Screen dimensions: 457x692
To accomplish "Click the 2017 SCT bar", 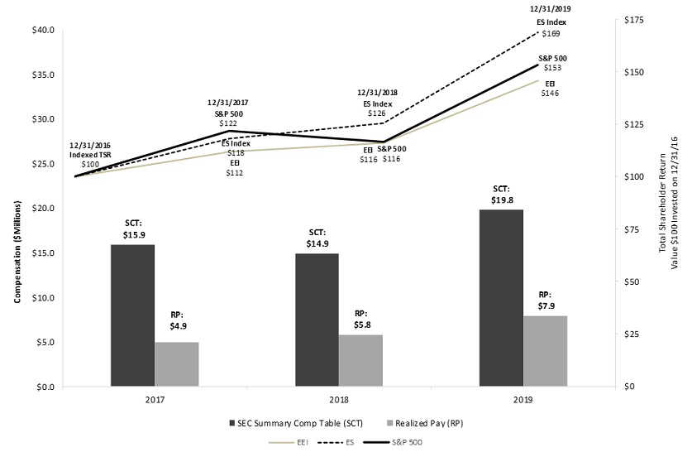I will click(132, 315).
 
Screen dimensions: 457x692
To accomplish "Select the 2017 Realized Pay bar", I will click(176, 364).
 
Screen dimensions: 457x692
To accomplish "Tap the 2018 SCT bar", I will click(317, 320).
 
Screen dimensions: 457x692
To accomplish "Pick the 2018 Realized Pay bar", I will click(360, 360).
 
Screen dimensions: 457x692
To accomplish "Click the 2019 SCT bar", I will click(501, 298).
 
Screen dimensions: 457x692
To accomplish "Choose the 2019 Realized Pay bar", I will click(546, 351).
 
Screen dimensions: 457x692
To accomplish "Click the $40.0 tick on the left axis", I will click(43, 30).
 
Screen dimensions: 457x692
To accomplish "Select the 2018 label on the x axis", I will click(339, 399).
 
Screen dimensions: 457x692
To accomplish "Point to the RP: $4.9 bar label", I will click(176, 320).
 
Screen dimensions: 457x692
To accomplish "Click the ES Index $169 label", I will click(551, 27).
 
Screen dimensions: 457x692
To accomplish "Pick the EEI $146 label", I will click(549, 89).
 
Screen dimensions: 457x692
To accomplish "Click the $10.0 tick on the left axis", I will click(43, 297).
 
